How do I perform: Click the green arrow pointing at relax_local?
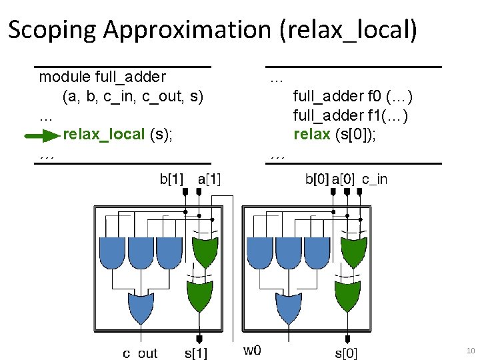point(42,137)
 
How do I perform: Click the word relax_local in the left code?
point(103,135)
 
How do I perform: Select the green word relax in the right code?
point(312,135)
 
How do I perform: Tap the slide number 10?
point(469,350)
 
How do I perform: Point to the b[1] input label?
point(172,179)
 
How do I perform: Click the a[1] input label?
point(210,179)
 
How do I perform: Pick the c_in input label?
point(374,179)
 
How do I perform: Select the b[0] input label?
point(317,179)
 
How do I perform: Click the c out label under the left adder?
point(140,353)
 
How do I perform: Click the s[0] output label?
point(346,353)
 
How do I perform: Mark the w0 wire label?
point(251,350)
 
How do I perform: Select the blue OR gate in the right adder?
point(289,307)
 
